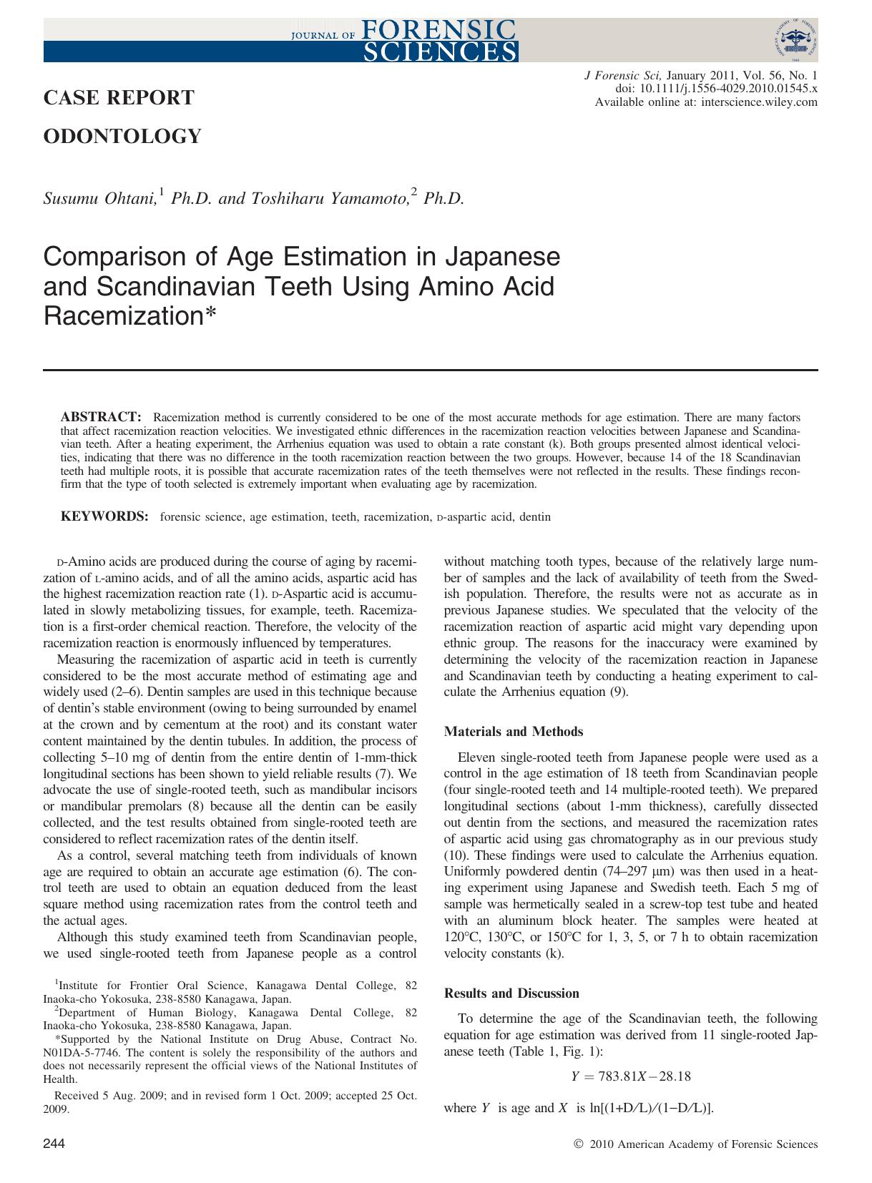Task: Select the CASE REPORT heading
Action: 119,98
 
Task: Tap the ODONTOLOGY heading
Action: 122,136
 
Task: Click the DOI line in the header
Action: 717,89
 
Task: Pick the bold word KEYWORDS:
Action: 104,516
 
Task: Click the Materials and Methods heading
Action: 514,732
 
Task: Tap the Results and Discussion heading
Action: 511,993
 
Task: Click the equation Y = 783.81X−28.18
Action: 631,1076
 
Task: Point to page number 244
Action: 54,1144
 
